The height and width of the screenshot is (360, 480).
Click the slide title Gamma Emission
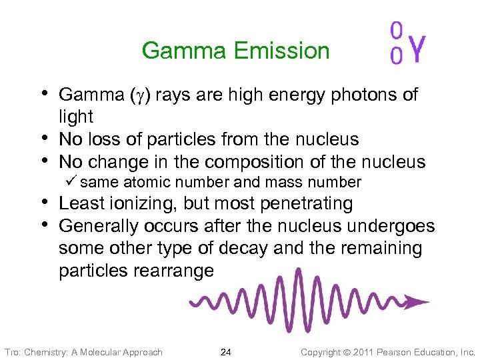click(x=235, y=51)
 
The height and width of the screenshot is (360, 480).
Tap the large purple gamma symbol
click(x=417, y=47)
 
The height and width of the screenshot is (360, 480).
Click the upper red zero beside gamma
click(x=396, y=31)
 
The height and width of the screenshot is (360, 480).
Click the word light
click(x=76, y=117)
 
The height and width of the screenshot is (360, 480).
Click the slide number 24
click(x=225, y=351)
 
